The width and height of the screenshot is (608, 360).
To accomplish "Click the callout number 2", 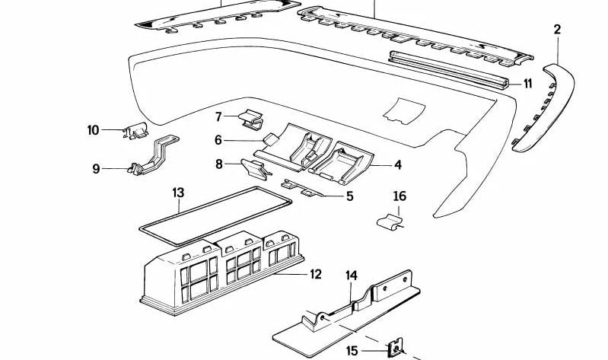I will [557, 30].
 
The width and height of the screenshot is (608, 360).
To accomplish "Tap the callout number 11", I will [527, 84].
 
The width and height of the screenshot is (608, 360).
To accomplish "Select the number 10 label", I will [93, 130].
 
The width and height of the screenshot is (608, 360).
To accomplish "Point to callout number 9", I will [96, 169].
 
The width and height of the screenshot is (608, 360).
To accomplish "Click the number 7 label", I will [218, 117].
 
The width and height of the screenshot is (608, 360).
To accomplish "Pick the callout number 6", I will [218, 140].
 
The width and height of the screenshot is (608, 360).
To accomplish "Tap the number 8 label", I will [218, 164].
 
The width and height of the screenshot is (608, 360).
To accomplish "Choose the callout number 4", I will [397, 164].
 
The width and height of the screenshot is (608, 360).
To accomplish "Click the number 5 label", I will [349, 196].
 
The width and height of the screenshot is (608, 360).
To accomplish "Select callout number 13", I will [178, 193].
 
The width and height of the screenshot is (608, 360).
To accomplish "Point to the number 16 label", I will [399, 197].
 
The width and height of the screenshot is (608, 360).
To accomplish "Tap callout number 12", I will [315, 274].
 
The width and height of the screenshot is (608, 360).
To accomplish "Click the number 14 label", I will [351, 275].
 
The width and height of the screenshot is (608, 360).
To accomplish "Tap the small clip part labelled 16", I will [390, 221].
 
